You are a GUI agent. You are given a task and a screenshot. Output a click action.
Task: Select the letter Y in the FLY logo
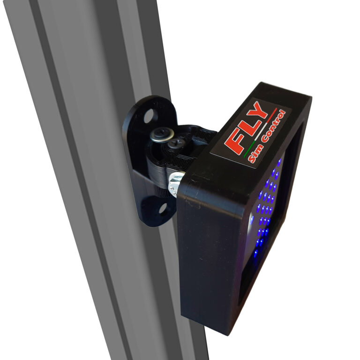click(x=259, y=112)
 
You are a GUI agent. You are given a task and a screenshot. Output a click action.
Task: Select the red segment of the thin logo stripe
click(x=271, y=116)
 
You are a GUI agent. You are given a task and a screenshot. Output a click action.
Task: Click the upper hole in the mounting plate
click(x=149, y=116)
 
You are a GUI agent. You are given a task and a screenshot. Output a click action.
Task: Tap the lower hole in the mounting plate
click(x=162, y=208)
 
